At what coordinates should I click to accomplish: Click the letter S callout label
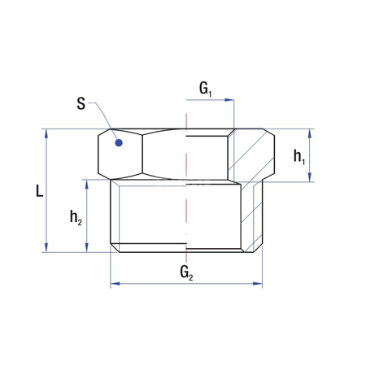[x=81, y=103]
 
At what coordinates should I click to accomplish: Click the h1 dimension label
[x=299, y=155]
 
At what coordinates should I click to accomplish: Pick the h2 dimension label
[x=75, y=217]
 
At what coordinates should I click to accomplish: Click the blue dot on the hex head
[x=119, y=142]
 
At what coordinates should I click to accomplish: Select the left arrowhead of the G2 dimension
[x=114, y=284]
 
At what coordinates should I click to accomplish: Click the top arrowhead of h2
[x=86, y=184]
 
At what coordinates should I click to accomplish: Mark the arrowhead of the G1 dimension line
[x=231, y=101]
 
